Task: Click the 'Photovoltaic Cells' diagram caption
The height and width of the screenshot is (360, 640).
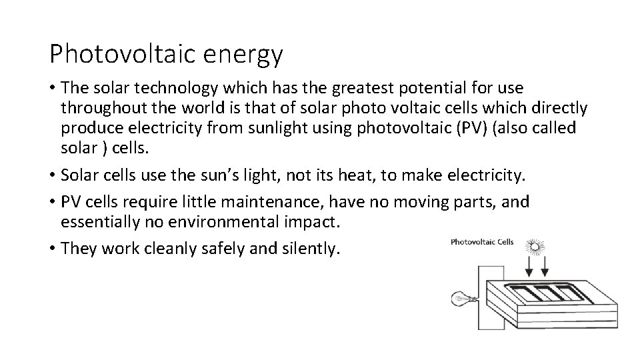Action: (x=482, y=241)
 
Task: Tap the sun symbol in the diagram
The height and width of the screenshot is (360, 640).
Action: (x=535, y=246)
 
